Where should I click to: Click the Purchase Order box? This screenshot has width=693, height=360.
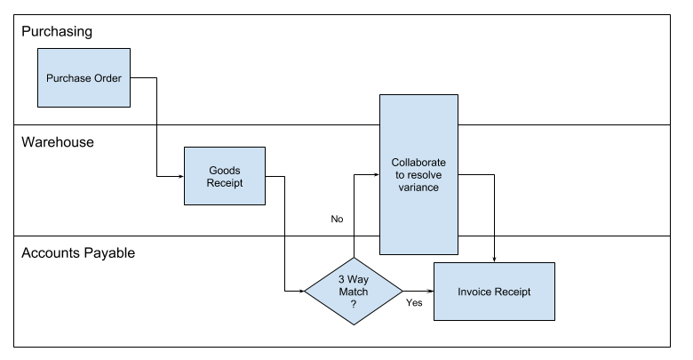pyautogui.click(x=84, y=77)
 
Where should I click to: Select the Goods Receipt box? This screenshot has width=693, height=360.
pyautogui.click(x=224, y=177)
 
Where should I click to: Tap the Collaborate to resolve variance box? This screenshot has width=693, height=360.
pyautogui.click(x=419, y=175)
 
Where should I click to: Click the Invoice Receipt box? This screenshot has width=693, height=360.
pyautogui.click(x=493, y=291)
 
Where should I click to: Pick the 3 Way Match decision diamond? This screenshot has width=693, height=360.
pyautogui.click(x=353, y=291)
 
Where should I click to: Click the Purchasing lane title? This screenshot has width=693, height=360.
pyautogui.click(x=58, y=32)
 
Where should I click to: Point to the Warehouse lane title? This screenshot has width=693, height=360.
pyautogui.click(x=58, y=142)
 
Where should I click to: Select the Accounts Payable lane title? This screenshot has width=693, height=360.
pyautogui.click(x=78, y=253)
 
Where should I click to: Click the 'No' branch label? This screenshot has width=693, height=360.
pyautogui.click(x=337, y=219)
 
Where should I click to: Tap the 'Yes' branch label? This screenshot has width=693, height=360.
pyautogui.click(x=413, y=303)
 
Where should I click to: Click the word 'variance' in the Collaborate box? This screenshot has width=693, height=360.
pyautogui.click(x=419, y=188)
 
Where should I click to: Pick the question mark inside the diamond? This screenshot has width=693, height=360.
pyautogui.click(x=353, y=304)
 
